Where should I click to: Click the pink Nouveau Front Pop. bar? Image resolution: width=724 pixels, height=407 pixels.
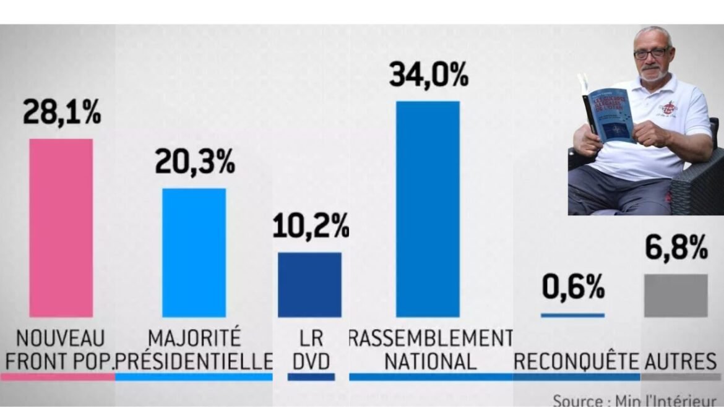(x=61, y=228)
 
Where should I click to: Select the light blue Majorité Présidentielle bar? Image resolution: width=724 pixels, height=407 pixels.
(x=194, y=252)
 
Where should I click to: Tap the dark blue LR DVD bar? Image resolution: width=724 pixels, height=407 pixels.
(x=309, y=285)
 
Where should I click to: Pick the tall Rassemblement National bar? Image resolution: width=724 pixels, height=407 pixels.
(x=428, y=209)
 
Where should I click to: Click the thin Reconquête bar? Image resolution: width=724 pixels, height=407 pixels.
(x=572, y=315)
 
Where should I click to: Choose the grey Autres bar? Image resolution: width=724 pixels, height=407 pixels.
(x=675, y=296)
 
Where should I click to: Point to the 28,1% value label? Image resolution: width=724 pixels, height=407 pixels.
(x=61, y=113)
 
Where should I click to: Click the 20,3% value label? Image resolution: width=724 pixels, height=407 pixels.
(x=194, y=162)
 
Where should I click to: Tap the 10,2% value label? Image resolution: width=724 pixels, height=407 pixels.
(x=311, y=227)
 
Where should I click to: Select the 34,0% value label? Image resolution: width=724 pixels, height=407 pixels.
(x=428, y=75)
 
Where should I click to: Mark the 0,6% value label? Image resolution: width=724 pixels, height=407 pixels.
(x=573, y=287)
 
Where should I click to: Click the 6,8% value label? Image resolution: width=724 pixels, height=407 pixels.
(x=676, y=249)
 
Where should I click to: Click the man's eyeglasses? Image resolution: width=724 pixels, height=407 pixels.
(x=652, y=54)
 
